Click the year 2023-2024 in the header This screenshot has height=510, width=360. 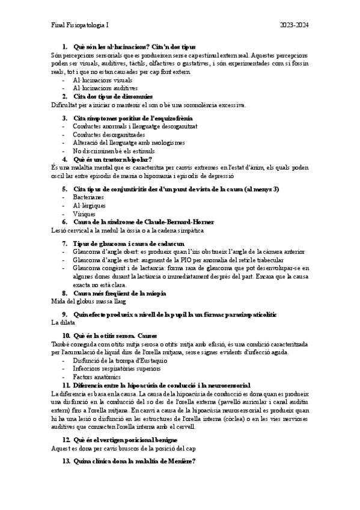pos(294,25)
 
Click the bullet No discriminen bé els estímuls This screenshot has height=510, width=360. pos(114,151)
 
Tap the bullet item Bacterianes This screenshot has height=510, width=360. pos(88,197)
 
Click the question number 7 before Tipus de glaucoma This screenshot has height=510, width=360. pos(66,243)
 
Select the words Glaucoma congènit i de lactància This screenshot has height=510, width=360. pos(120,268)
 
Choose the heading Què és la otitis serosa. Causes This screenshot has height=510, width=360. pos(114,334)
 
